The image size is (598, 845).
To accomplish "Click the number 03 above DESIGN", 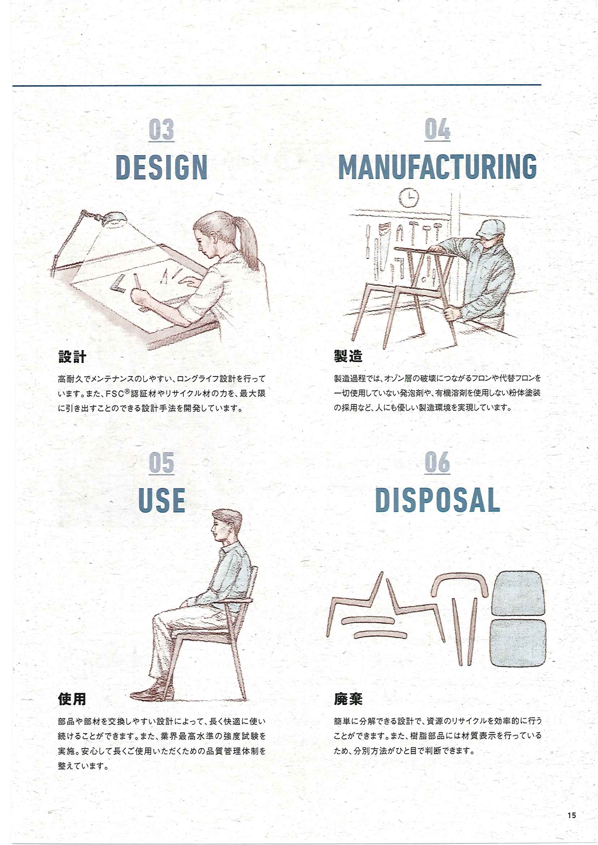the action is click(161, 129).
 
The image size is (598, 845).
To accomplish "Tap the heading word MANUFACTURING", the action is click(437, 167).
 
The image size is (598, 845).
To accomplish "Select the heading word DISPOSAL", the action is click(437, 500).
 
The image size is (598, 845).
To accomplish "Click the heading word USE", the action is click(161, 500).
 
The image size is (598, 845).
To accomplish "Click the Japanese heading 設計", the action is click(72, 356).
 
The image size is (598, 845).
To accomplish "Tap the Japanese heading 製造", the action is click(348, 356).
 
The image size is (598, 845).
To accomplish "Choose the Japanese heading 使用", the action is click(72, 699).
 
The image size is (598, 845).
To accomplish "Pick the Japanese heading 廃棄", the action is click(348, 698).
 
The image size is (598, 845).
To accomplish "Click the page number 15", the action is click(572, 812).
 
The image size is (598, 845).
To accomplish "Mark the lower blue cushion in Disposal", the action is click(518, 642).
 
